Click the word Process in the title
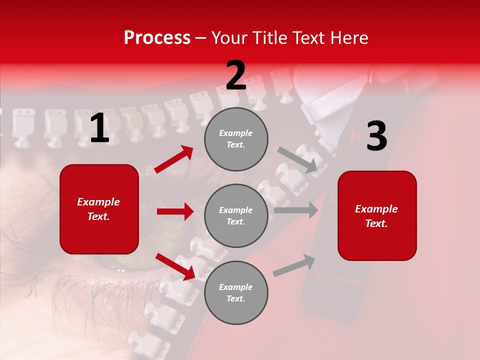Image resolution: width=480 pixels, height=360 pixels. [x=157, y=38]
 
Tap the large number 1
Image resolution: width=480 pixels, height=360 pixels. [x=99, y=128]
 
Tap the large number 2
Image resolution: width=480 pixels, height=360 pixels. [x=236, y=76]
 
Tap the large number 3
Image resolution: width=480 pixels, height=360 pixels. [x=376, y=136]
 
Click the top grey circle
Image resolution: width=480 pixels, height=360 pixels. [x=236, y=139]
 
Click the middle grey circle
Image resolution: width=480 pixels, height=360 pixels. [x=236, y=216]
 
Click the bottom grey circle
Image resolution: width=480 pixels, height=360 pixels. [x=236, y=292]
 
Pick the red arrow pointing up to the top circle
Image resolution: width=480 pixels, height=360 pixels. [x=174, y=159]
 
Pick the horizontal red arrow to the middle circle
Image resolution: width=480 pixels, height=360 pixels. [x=175, y=211]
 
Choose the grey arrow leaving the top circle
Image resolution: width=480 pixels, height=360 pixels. [x=298, y=160]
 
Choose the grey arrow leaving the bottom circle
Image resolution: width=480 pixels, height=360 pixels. [x=294, y=265]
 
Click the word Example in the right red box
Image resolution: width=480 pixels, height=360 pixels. [x=376, y=209]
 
